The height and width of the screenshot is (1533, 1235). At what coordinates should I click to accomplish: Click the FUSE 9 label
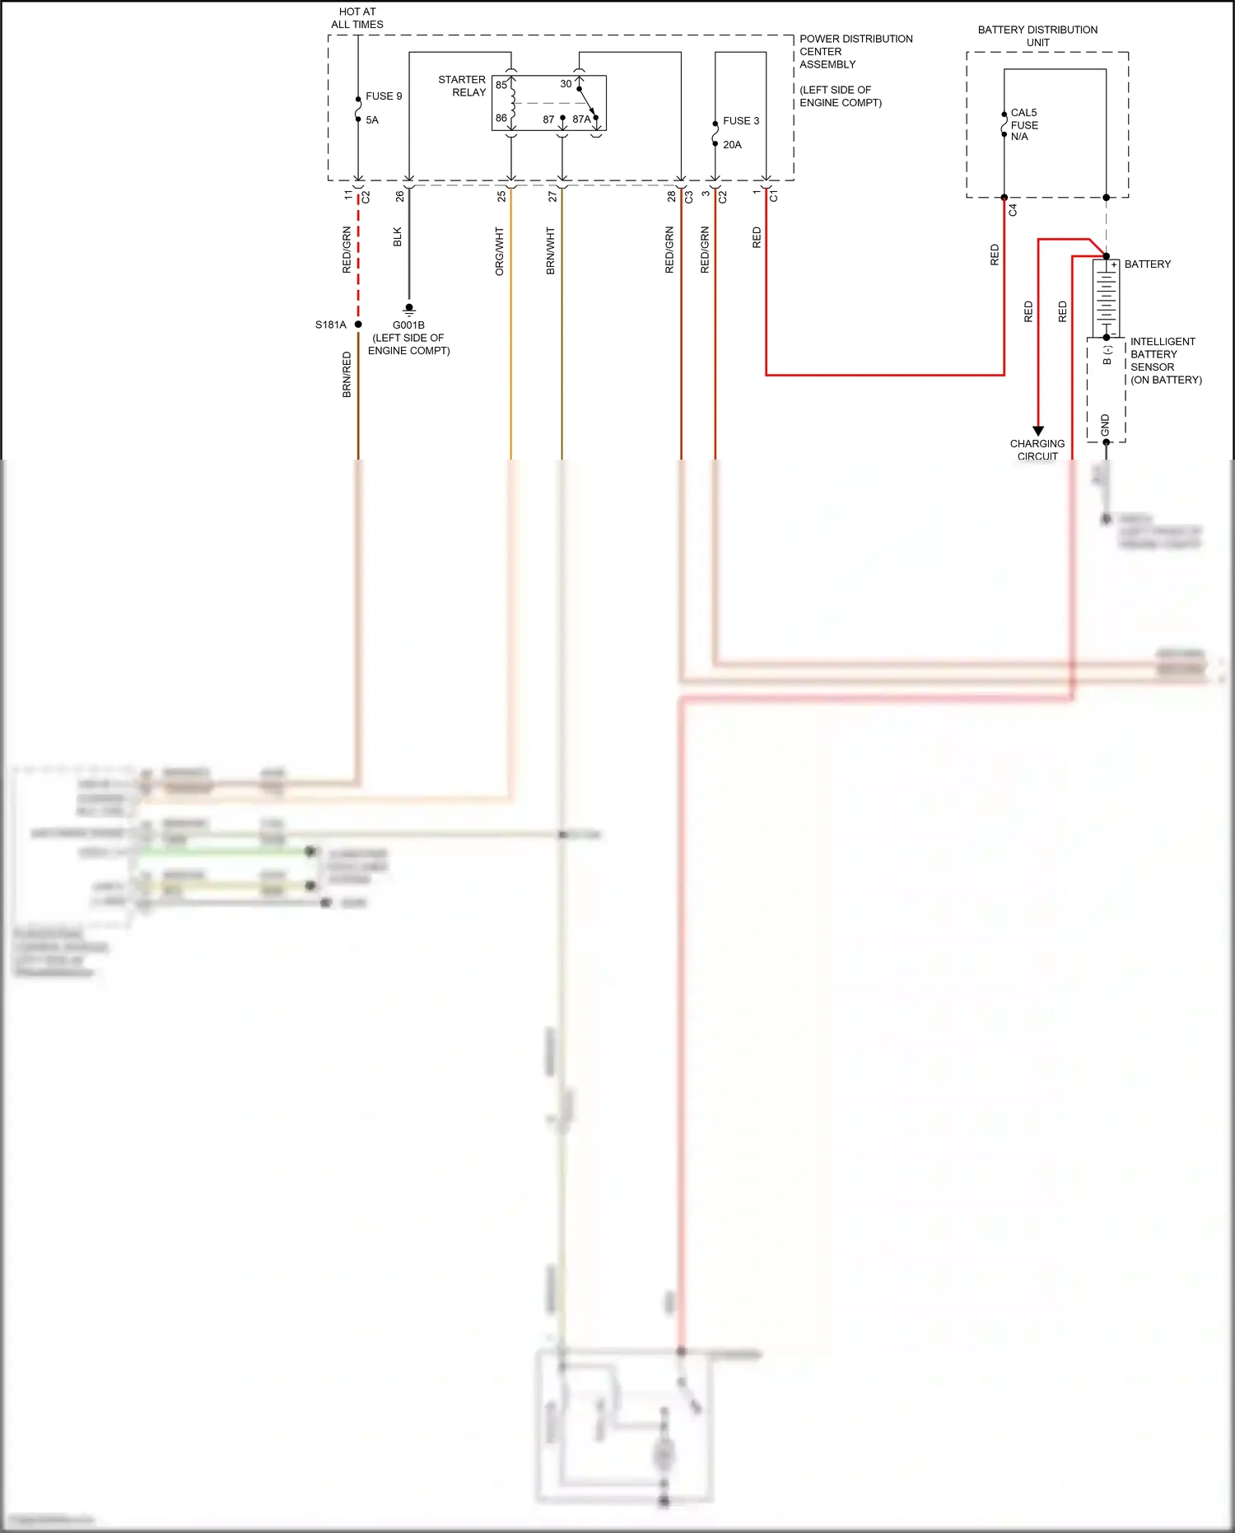384,96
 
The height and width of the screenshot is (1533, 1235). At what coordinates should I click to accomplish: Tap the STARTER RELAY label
462,86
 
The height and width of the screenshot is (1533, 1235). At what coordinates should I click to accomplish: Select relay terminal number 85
501,85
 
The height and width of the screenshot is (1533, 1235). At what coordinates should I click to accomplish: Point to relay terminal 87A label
581,119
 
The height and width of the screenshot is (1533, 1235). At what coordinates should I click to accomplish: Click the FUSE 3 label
741,121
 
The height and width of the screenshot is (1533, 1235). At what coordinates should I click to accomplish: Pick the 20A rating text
732,145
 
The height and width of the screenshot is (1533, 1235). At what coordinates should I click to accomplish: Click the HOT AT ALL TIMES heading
357,18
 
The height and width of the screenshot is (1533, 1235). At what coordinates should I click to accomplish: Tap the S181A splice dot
358,325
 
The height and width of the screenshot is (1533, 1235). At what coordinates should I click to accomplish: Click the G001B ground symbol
409,310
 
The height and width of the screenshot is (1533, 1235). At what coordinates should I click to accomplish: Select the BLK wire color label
398,237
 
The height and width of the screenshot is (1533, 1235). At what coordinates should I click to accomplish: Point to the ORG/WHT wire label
499,251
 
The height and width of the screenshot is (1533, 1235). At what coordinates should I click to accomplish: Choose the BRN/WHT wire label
550,251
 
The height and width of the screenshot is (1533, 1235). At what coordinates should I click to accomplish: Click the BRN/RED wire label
347,375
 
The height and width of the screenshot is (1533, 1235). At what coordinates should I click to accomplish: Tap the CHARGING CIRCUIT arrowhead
1038,431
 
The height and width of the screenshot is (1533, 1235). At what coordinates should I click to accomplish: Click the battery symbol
1106,297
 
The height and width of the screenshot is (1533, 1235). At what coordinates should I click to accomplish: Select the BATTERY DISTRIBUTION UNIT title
1037,35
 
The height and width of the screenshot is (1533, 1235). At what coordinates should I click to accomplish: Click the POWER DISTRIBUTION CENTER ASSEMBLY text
855,51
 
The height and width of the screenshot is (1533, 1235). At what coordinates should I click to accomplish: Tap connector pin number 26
400,196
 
